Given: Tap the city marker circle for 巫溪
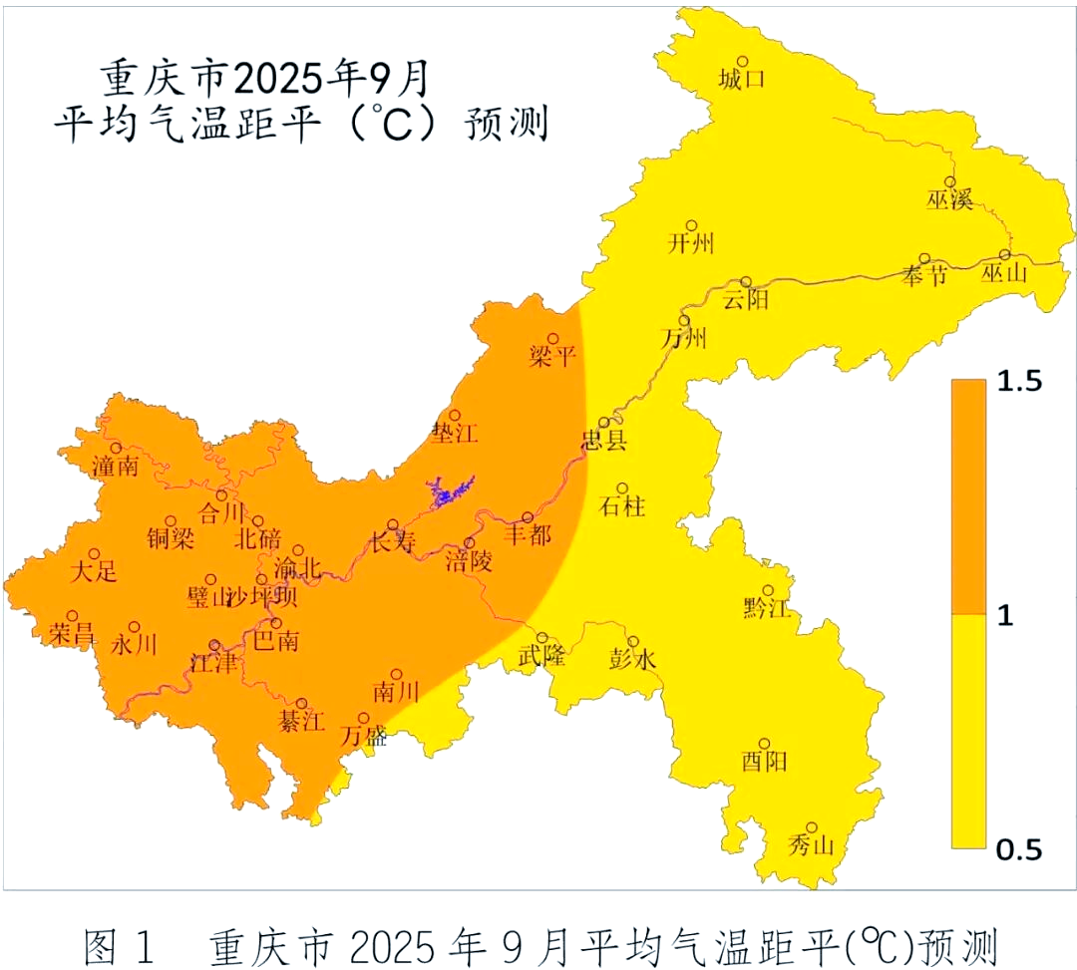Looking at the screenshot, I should (950, 181).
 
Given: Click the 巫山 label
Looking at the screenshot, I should (1004, 274).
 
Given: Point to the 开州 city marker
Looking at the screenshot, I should (691, 226).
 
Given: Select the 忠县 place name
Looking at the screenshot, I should (604, 441).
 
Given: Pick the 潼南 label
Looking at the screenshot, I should (115, 466).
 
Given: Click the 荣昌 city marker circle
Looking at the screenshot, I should (73, 616).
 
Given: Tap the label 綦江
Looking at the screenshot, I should (301, 722).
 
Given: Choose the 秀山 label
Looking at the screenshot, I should (811, 846).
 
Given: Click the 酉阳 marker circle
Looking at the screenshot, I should (765, 744).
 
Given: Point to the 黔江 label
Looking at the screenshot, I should (767, 608).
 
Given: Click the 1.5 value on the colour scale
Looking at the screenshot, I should (1019, 381).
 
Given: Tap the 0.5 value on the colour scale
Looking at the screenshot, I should (1019, 849).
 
